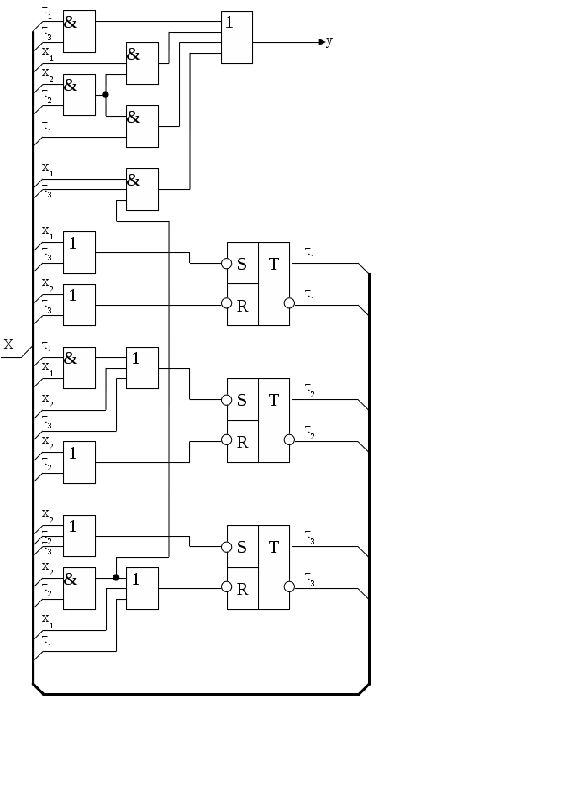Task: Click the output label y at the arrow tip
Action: [x=329, y=42]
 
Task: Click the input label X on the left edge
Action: [x=8, y=344]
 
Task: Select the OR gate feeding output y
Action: [x=237, y=37]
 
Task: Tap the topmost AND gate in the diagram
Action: [x=79, y=31]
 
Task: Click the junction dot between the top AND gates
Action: [x=105, y=95]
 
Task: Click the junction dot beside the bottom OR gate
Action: [x=116, y=577]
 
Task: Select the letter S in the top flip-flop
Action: [x=242, y=264]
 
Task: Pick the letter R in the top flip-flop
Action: [x=242, y=306]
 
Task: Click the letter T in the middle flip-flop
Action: [x=274, y=401]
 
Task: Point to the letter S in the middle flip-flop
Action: [x=242, y=401]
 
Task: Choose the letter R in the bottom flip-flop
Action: [x=242, y=589]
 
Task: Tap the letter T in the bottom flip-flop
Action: [x=274, y=548]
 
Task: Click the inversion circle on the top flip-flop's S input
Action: [x=226, y=264]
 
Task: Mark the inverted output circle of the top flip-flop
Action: [x=289, y=302]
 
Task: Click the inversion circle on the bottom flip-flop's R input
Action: [x=226, y=587]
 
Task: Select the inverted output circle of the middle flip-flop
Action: [x=289, y=439]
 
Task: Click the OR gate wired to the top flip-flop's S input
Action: [x=80, y=252]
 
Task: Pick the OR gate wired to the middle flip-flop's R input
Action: [x=80, y=462]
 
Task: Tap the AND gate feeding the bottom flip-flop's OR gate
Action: [x=80, y=588]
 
